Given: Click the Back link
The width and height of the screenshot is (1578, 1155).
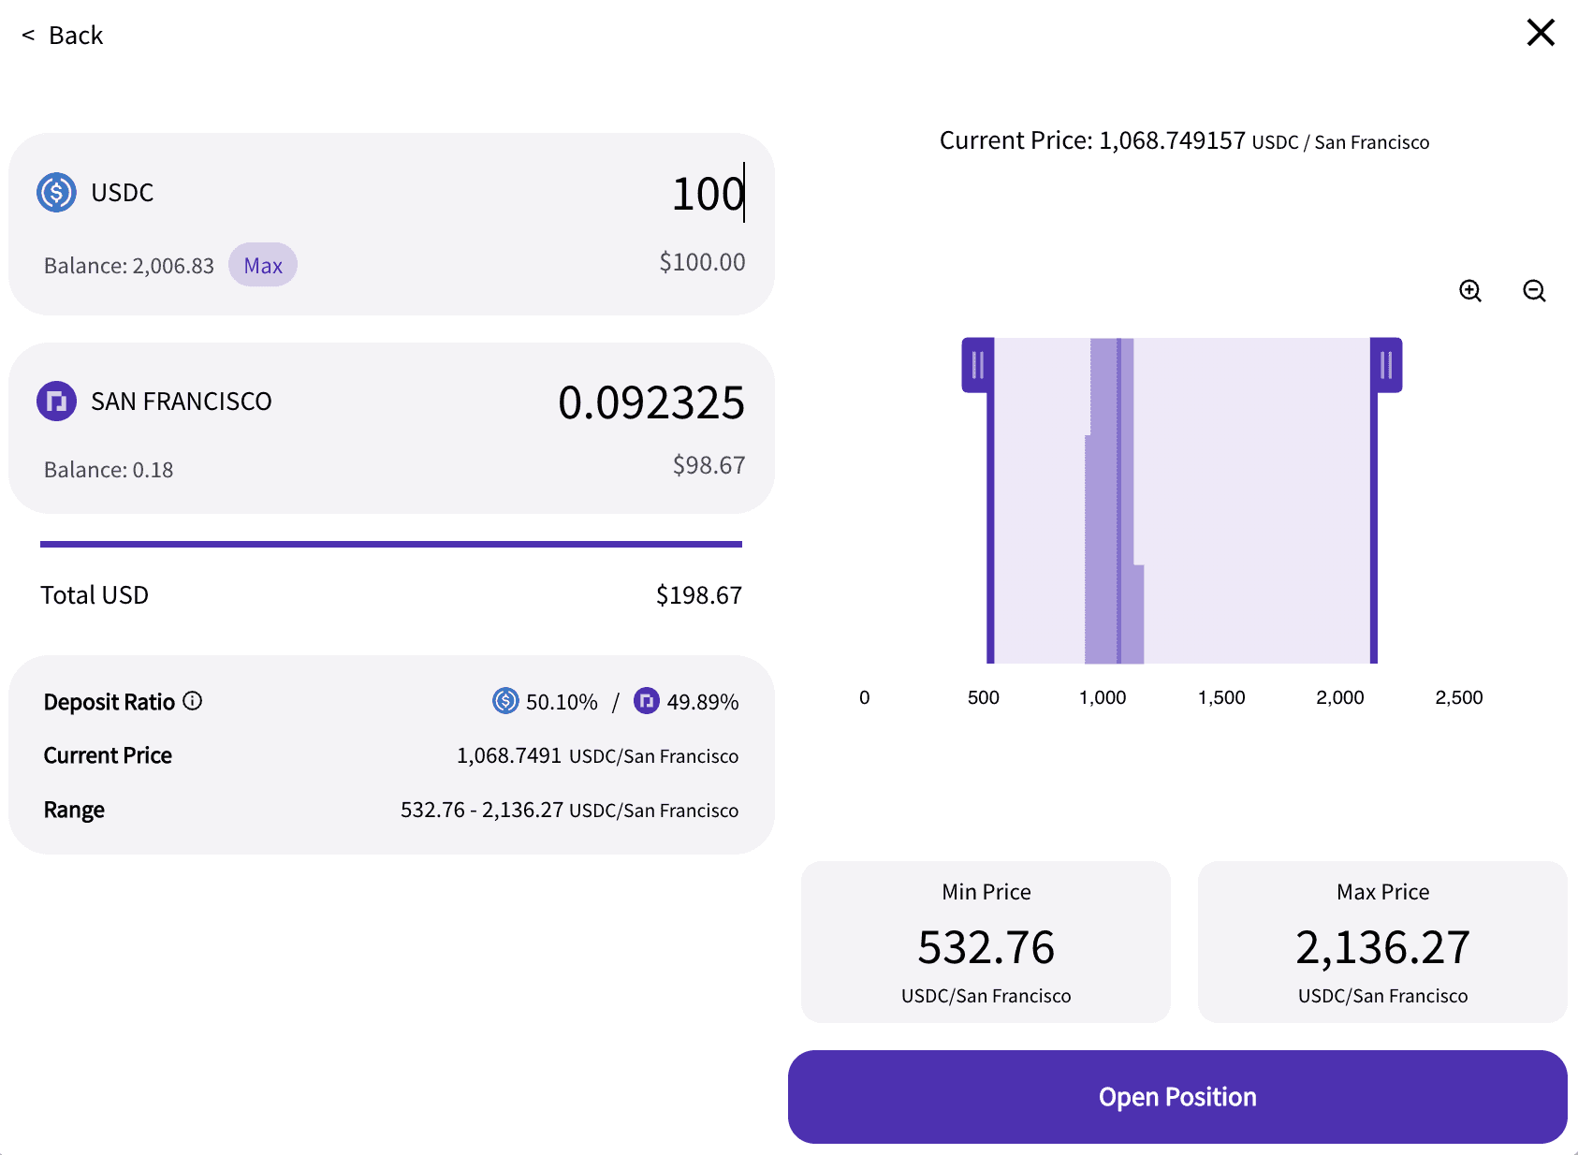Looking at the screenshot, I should point(64,36).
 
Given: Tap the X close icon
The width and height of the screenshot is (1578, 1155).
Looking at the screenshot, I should point(1540,33).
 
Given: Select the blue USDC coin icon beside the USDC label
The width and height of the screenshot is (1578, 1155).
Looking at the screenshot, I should point(56,193).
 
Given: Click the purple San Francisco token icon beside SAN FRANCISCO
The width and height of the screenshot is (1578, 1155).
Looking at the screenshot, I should point(56,402).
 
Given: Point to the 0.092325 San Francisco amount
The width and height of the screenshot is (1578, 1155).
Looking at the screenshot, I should point(650,402).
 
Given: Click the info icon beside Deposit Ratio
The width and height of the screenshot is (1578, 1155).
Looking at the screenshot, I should point(193,701).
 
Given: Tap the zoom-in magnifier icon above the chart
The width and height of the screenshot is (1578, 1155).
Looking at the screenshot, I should point(1470,291).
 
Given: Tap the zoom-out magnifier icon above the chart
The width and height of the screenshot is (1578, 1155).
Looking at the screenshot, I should point(1534,291).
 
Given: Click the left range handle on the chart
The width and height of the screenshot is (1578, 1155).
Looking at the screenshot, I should point(977,365).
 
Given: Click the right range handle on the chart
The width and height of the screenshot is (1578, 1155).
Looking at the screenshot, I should point(1386,365).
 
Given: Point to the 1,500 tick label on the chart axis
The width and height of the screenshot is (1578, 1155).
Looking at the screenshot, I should point(1221,697).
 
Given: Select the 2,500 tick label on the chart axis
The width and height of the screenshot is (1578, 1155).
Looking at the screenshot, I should point(1458,697).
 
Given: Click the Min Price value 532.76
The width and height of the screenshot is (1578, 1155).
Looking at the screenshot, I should point(986,947).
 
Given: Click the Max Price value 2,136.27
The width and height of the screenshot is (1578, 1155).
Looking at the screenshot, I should point(1382,947).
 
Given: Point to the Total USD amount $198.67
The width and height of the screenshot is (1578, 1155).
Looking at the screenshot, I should point(698,595).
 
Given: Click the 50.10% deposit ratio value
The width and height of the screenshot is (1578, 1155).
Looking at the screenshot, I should point(562,702).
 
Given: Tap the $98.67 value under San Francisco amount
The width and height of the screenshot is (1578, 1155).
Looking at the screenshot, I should point(709,465).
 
